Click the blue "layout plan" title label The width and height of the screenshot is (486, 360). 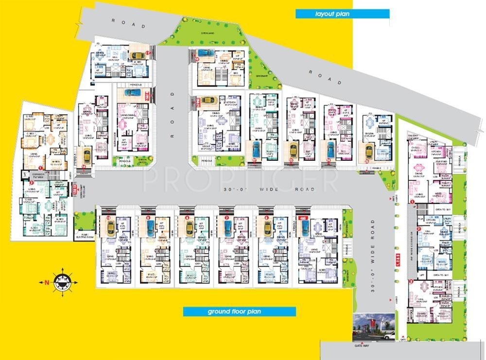(343, 14)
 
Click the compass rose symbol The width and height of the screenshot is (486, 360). (62, 282)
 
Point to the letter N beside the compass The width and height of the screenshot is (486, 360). (46, 282)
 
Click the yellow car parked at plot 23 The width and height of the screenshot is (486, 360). (293, 149)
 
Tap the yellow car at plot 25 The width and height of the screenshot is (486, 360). (369, 150)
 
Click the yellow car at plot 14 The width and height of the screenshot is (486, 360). (87, 156)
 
